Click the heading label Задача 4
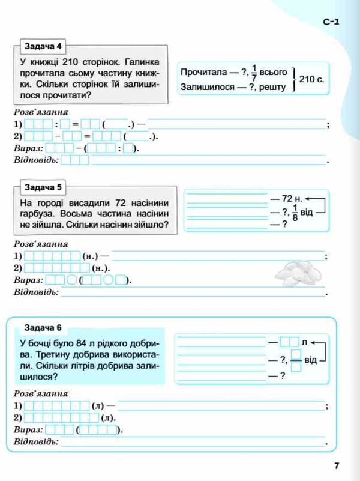pyautogui.click(x=43, y=47)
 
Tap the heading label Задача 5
pyautogui.click(x=43, y=187)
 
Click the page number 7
pyautogui.click(x=337, y=465)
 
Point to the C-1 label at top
pyautogui.click(x=331, y=22)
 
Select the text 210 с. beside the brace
pyautogui.click(x=312, y=79)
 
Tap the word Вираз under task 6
pyautogui.click(x=28, y=429)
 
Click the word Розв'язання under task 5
pyautogui.click(x=40, y=244)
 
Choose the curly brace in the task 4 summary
pyautogui.click(x=294, y=79)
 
